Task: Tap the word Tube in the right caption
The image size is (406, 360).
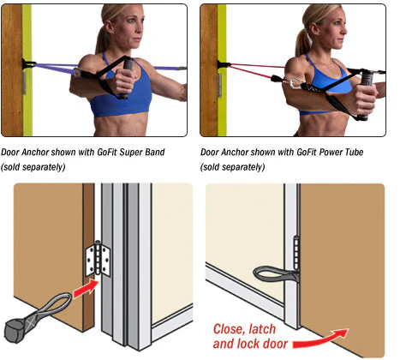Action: click(x=354, y=152)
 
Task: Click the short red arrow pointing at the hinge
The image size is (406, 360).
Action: click(x=86, y=289)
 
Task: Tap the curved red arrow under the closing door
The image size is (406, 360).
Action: click(x=320, y=338)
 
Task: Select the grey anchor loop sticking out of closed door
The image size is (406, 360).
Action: click(x=275, y=274)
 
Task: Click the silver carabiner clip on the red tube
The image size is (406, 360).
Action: click(x=293, y=84)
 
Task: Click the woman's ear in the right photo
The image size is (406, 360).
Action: click(x=314, y=29)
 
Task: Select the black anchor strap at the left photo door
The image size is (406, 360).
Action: click(x=27, y=64)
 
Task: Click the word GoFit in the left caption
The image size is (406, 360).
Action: click(x=107, y=153)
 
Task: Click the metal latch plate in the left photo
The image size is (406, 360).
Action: click(x=24, y=83)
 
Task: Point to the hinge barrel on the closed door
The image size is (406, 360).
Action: click(x=296, y=254)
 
